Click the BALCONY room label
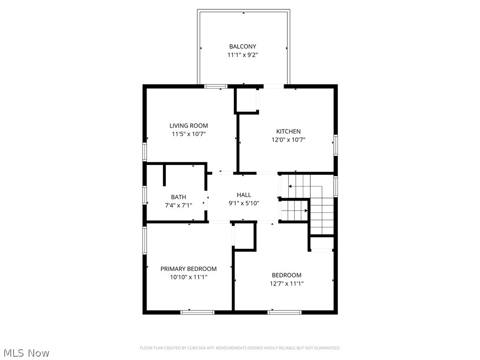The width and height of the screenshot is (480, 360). pos(242,46)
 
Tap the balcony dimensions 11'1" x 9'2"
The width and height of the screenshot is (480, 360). pos(242,55)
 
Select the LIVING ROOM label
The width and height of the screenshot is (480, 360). pos(188,126)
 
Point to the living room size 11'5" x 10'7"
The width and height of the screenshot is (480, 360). pos(188,134)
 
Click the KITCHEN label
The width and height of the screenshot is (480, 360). pos(288,131)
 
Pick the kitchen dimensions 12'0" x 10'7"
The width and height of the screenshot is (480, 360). pos(288,140)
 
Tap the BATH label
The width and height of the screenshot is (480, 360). pos(178,197)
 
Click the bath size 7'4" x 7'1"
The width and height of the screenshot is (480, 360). pos(178,205)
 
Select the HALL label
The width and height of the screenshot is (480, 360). pos(244,195)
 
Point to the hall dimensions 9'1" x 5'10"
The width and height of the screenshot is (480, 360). pos(244,203)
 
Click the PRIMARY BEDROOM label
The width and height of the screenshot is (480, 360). pos(188,269)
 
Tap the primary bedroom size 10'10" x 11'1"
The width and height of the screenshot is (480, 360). pos(188,277)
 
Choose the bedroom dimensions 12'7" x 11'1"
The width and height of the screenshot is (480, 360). pos(286,283)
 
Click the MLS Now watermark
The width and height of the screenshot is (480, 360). pos(26,352)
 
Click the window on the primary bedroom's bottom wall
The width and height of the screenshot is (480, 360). pos(197,312)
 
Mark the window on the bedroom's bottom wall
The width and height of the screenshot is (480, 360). pos(285,312)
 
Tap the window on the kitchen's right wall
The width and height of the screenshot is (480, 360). pos(335,145)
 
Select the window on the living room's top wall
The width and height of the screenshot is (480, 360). pos(216,86)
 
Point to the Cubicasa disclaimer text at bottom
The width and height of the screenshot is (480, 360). pos(240,348)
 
